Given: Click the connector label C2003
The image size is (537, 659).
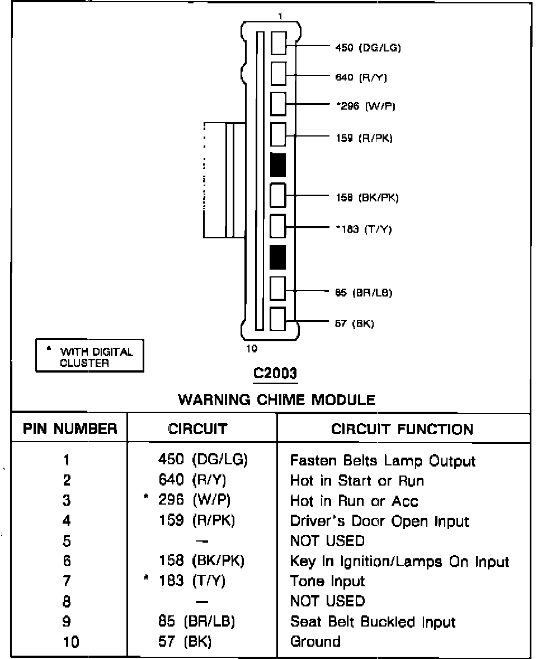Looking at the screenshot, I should pos(275,373).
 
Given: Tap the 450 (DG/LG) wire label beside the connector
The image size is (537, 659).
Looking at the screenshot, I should pos(368,48).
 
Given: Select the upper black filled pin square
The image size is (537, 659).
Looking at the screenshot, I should pos(278,164).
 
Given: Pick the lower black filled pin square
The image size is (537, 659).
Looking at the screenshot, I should pos(278,256).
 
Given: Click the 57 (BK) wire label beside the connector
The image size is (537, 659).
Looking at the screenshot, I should pos(355,323).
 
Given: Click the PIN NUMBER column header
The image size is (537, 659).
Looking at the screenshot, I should pos(70,429).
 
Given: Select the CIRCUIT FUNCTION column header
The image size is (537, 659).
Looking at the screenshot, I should pos(402,429).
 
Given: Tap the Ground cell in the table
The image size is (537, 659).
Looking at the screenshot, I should pos(315,641).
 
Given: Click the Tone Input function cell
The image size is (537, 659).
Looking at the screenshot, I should pos(327,581).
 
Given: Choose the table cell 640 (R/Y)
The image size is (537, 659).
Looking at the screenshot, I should pos(192,480).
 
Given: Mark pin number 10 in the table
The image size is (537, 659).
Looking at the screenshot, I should pos(70,642).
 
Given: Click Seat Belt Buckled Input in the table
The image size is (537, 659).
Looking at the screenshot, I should pos(373,622).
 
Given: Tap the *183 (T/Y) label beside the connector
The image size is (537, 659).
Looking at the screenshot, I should pos(363,229).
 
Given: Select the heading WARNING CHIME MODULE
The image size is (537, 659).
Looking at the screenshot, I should pos(276,399).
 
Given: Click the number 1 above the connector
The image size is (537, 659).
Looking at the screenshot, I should pos(279,17).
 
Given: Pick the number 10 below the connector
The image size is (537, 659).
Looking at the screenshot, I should pos(252,349).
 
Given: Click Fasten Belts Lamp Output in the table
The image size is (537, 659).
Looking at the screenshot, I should pos(383,461).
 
